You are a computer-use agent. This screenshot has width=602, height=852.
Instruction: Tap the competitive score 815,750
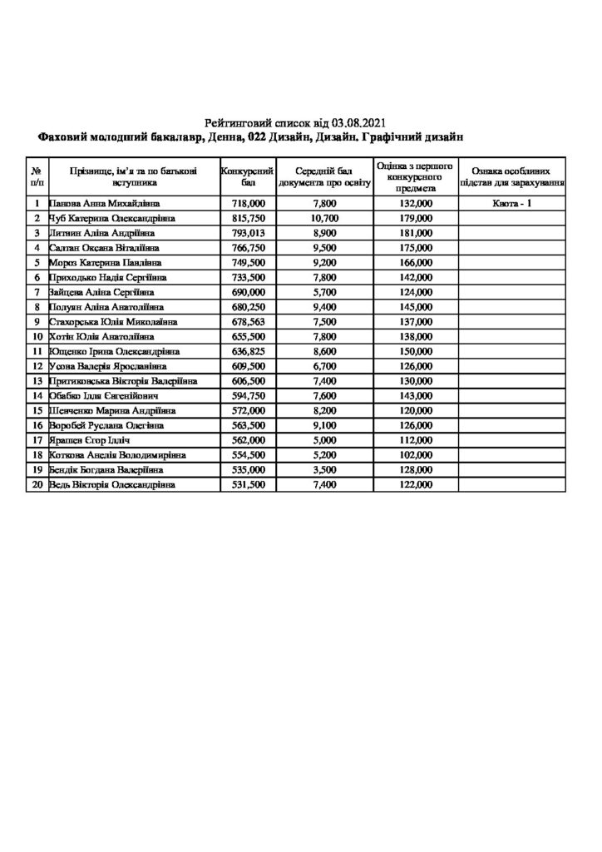click(x=249, y=218)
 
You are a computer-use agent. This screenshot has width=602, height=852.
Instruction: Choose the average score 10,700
click(x=324, y=218)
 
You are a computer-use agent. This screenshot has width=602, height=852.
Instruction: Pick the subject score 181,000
click(x=415, y=233)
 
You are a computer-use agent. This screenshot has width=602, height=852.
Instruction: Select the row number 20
click(x=37, y=485)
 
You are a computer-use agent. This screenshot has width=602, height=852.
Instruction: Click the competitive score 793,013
click(x=249, y=233)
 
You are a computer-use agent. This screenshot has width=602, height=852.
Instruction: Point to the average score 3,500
click(x=324, y=470)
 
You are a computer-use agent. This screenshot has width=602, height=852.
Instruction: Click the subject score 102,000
click(x=415, y=455)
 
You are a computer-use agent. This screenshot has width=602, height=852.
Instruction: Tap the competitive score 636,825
click(x=249, y=352)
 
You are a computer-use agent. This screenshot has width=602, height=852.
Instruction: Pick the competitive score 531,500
click(x=249, y=485)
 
